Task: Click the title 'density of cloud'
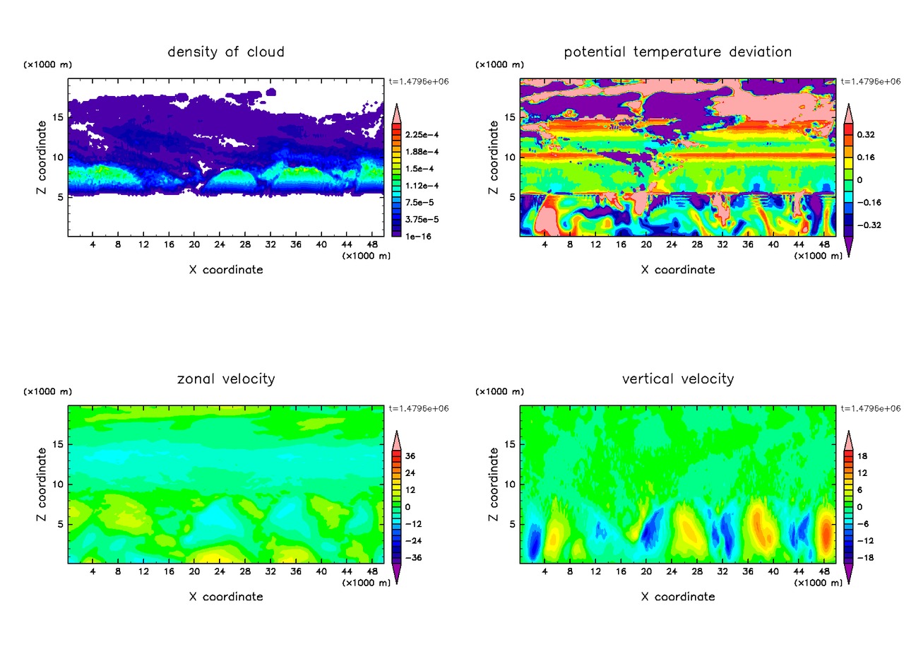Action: (226, 52)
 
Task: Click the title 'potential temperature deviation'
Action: (678, 52)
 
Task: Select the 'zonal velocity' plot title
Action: (226, 379)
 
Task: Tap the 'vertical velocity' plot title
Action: (678, 379)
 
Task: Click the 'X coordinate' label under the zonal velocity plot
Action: (226, 597)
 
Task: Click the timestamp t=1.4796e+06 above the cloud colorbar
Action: (419, 81)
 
